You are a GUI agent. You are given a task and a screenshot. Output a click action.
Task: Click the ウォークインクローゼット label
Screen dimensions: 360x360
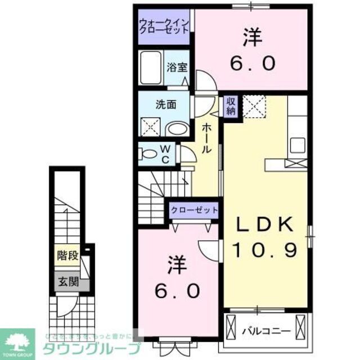pos(166,26)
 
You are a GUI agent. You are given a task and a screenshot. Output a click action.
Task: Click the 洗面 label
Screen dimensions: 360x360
pos(166,104)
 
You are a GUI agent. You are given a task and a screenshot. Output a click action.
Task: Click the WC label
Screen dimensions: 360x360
pos(166,152)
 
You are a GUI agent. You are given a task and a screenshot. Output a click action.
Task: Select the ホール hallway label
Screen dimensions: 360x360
pos(206,138)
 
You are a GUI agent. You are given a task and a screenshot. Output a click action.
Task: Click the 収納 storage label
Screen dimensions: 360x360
pos(231,105)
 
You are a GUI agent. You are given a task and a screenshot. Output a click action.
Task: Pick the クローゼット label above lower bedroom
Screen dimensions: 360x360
pos(195,209)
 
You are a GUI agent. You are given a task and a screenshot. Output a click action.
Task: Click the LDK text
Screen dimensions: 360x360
pos(264,225)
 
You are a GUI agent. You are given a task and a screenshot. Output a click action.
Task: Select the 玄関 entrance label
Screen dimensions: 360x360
pos(67,281)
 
